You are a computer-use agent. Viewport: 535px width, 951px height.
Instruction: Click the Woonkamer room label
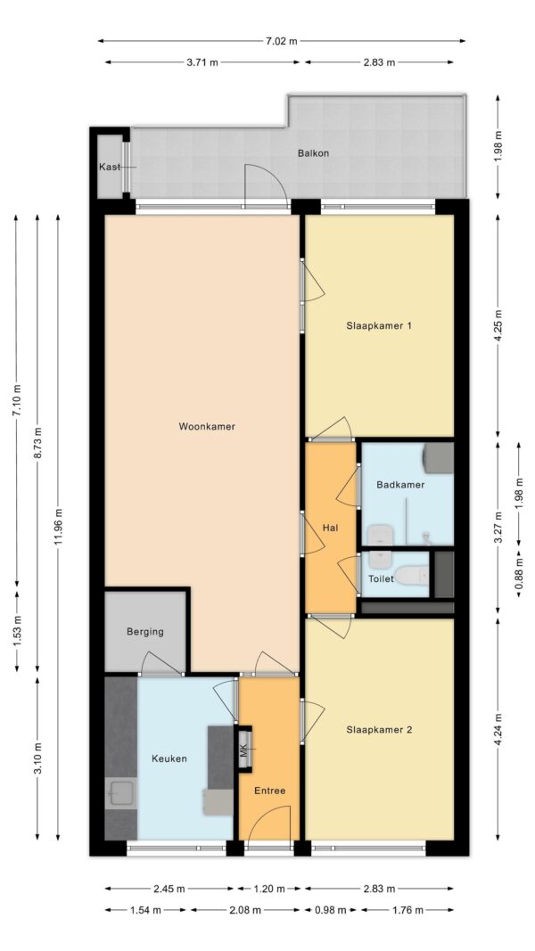coord(207,426)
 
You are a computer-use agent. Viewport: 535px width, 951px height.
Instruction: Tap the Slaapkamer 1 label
coord(379,325)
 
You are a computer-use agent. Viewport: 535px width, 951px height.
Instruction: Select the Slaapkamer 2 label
coord(379,730)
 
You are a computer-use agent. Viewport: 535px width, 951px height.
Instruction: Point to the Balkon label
coord(313,152)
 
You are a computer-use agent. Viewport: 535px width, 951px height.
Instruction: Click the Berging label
coord(145,631)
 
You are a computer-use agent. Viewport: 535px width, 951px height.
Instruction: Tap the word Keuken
coord(169,758)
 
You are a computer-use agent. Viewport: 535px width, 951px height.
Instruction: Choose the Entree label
coord(269,791)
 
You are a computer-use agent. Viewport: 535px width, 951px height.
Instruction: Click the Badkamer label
coord(400,485)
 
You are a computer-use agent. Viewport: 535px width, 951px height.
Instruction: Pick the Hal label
coord(330,528)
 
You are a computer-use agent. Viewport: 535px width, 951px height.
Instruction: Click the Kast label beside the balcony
coord(110,167)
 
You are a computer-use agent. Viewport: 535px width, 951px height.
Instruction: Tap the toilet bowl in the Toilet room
coord(412,574)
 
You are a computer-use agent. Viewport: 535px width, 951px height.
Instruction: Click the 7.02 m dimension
coord(282,41)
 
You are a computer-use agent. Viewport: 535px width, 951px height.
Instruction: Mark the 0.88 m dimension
coord(519,574)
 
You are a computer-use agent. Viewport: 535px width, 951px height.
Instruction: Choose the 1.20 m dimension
coord(269,890)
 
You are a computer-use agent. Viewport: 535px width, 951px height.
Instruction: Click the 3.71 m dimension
coord(202,61)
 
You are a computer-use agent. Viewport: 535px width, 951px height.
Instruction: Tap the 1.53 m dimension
coord(17,632)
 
